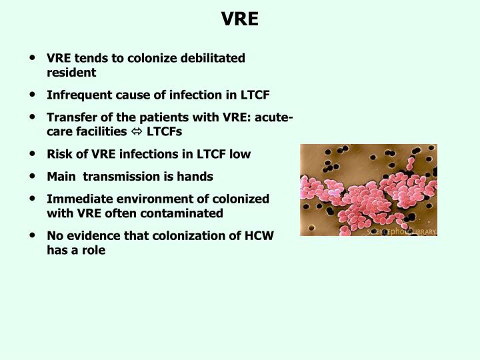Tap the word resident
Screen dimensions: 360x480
click(x=71, y=72)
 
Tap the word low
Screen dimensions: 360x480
click(x=239, y=154)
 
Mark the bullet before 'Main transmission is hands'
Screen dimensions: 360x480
click(x=33, y=177)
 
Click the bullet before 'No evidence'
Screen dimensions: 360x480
click(x=33, y=236)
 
